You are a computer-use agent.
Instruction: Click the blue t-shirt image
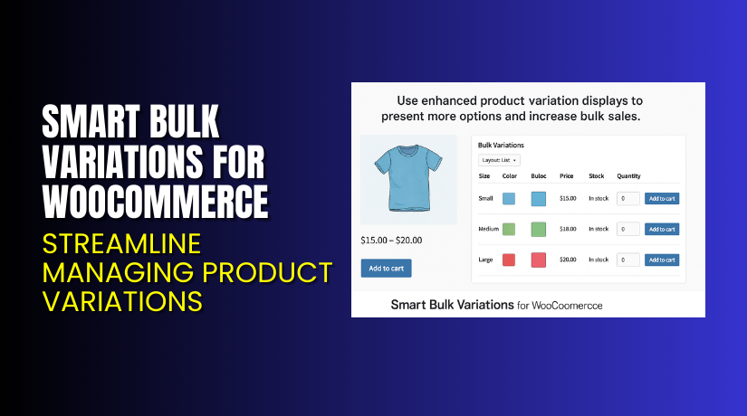pos(407,178)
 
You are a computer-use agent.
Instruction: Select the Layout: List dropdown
pos(500,160)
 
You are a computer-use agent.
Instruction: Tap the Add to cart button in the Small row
pos(661,198)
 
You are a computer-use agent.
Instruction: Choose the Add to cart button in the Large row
pos(661,260)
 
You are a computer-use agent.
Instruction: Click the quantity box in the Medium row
pos(627,229)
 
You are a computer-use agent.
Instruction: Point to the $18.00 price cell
pos(568,229)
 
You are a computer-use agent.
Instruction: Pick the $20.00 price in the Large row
pos(568,260)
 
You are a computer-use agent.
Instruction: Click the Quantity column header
pos(629,175)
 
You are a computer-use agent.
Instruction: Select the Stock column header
pos(596,175)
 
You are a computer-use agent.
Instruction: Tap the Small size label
pos(486,198)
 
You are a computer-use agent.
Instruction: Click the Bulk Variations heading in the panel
pos(501,145)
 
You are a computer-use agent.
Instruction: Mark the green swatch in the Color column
pos(509,229)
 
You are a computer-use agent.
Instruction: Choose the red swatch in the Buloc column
pos(539,260)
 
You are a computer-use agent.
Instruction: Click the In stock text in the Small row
pos(599,198)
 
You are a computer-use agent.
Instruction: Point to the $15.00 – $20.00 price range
pos(391,240)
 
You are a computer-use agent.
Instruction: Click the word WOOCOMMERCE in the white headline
pos(156,201)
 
